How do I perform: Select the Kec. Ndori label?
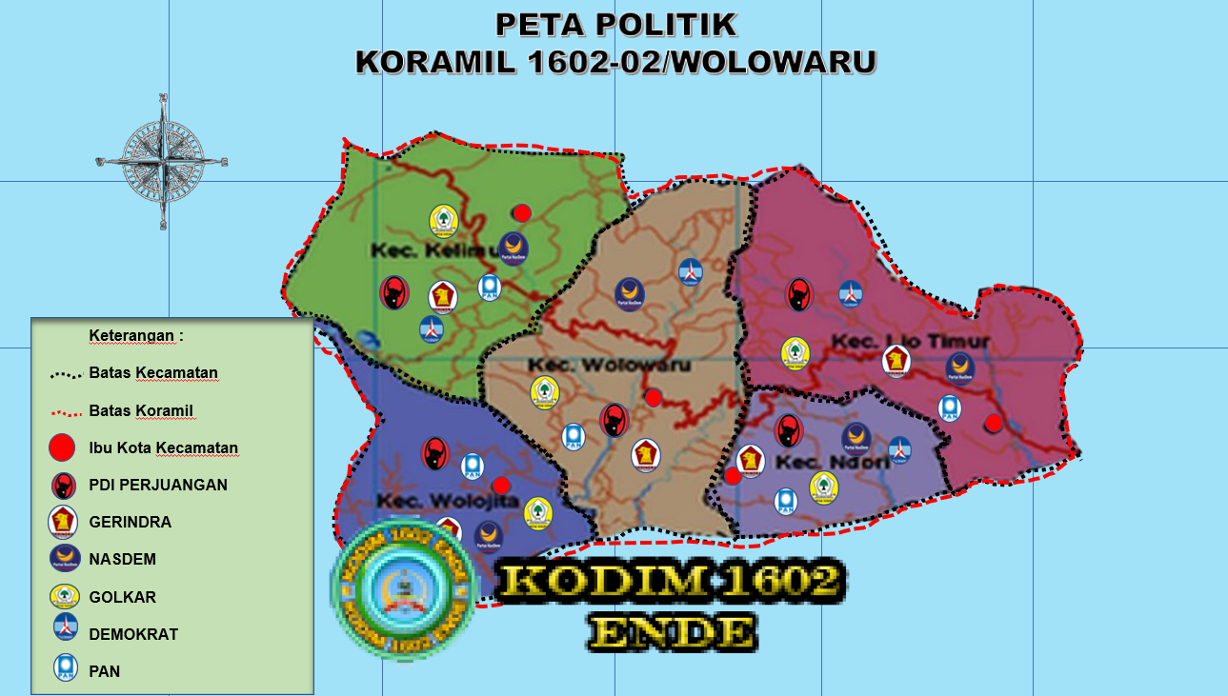833,463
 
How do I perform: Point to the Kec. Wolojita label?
448,501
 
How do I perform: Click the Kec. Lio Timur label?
910,341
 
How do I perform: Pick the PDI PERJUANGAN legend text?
158,485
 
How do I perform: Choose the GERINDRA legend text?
130,523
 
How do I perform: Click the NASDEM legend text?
122,560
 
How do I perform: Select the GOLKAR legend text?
122,597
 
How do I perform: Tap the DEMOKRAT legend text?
132,634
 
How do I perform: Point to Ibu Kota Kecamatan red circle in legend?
62,447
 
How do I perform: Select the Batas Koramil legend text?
140,410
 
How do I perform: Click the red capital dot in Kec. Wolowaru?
653,397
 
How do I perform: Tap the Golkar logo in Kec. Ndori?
824,487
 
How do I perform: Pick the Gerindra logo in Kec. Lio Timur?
896,360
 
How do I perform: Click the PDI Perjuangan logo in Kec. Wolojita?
434,453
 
